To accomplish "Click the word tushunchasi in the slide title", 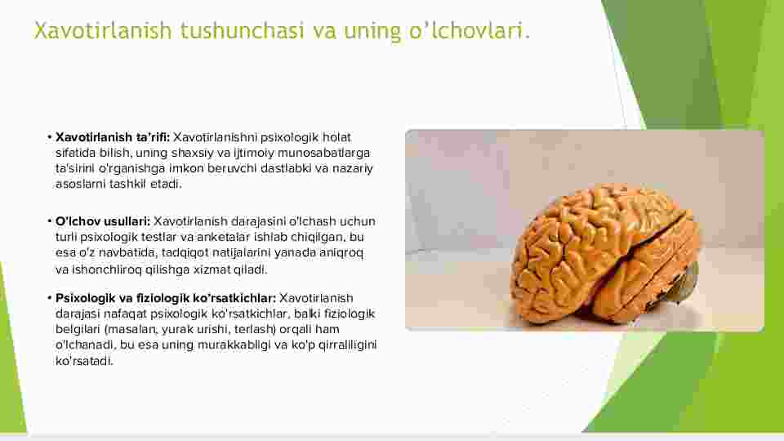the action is click(x=242, y=31).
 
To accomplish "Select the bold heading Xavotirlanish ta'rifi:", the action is click(x=113, y=137).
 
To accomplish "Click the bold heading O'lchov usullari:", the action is click(x=103, y=221).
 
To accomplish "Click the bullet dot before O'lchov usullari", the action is click(x=50, y=221).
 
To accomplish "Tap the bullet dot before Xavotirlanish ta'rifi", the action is click(x=50, y=137).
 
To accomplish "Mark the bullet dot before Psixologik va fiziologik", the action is click(x=50, y=298).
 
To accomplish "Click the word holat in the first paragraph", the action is click(x=336, y=137).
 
